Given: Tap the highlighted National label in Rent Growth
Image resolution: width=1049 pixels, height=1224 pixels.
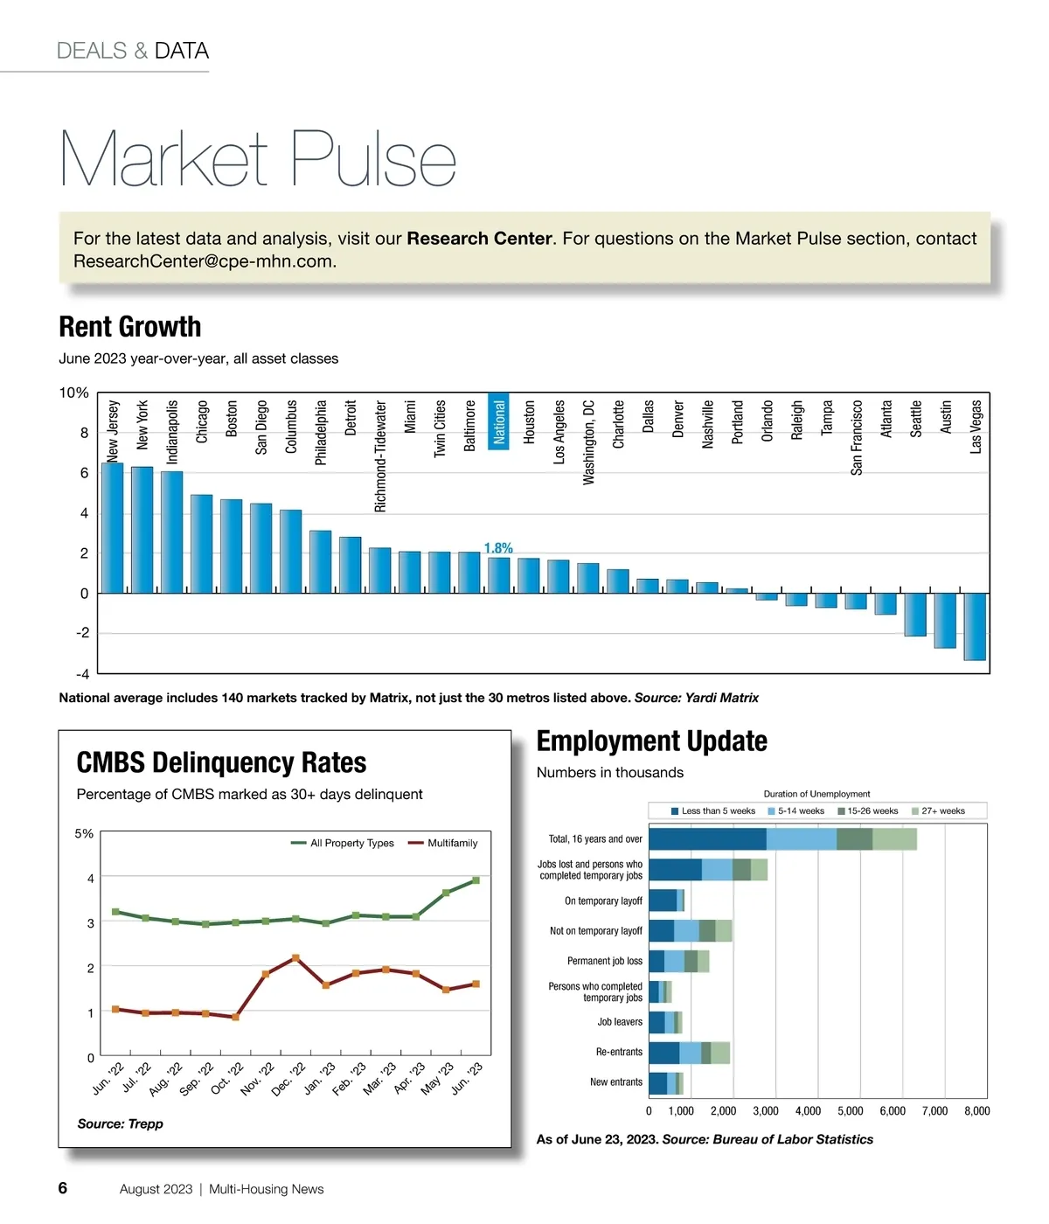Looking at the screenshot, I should click(498, 422).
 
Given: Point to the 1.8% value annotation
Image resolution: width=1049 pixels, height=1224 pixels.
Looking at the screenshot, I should click(498, 548).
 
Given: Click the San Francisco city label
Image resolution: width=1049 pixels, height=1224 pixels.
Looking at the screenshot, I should click(856, 438).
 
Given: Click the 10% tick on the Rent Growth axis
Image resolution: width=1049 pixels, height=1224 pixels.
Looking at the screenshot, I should click(73, 393).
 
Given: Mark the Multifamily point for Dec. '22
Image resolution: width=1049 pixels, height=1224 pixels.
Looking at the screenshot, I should click(295, 958).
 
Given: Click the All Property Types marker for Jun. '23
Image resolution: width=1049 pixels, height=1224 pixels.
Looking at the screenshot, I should click(476, 880).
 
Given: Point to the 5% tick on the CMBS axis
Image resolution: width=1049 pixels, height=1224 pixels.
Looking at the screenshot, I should click(84, 834).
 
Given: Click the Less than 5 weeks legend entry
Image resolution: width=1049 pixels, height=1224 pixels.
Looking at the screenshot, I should click(712, 811).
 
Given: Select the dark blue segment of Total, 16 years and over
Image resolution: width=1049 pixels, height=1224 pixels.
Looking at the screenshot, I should click(707, 839).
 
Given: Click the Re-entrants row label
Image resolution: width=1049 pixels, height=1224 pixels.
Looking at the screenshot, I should click(619, 1052).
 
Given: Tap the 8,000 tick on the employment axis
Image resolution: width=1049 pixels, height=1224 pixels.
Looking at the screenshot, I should click(976, 1111).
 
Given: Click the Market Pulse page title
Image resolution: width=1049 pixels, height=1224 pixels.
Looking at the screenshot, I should click(259, 159).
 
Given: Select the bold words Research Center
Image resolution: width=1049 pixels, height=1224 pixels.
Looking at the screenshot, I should click(479, 239).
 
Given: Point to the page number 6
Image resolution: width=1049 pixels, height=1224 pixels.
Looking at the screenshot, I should click(63, 1188).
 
